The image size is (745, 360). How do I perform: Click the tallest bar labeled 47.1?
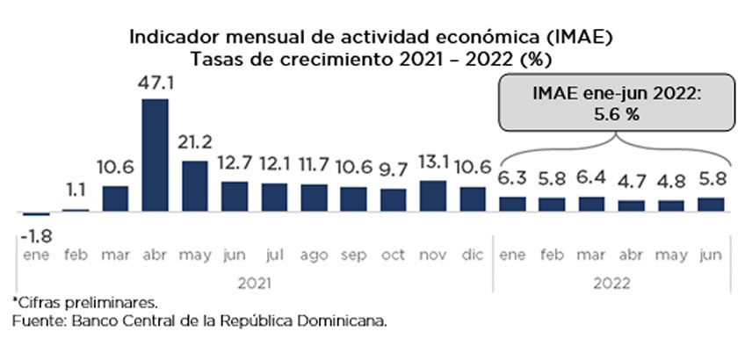156,155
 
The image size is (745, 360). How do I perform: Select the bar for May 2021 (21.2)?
195,186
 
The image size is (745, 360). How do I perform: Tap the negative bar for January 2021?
36,214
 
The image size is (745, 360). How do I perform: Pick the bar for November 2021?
433,197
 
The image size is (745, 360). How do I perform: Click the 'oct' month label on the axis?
394,256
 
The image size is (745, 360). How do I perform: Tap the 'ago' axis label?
314,256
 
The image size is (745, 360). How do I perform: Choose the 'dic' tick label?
473,256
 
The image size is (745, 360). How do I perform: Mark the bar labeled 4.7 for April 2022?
632,206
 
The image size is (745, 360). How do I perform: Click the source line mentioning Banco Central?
199,322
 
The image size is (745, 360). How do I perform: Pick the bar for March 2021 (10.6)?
116,199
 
